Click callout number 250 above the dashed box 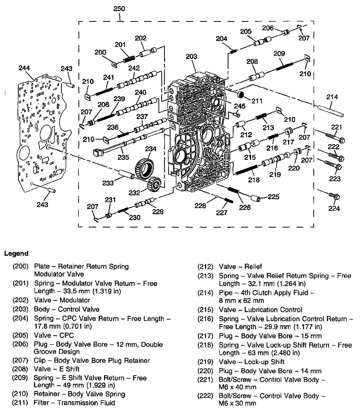(x=119, y=9)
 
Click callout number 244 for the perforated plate (x=24, y=68)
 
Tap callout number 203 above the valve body (x=192, y=57)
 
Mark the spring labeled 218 (x=246, y=170)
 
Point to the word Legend (x=16, y=253)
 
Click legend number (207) (x=20, y=360)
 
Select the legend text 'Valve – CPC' (x=54, y=335)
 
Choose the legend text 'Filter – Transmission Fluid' (x=74, y=403)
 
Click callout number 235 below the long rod (x=123, y=157)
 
